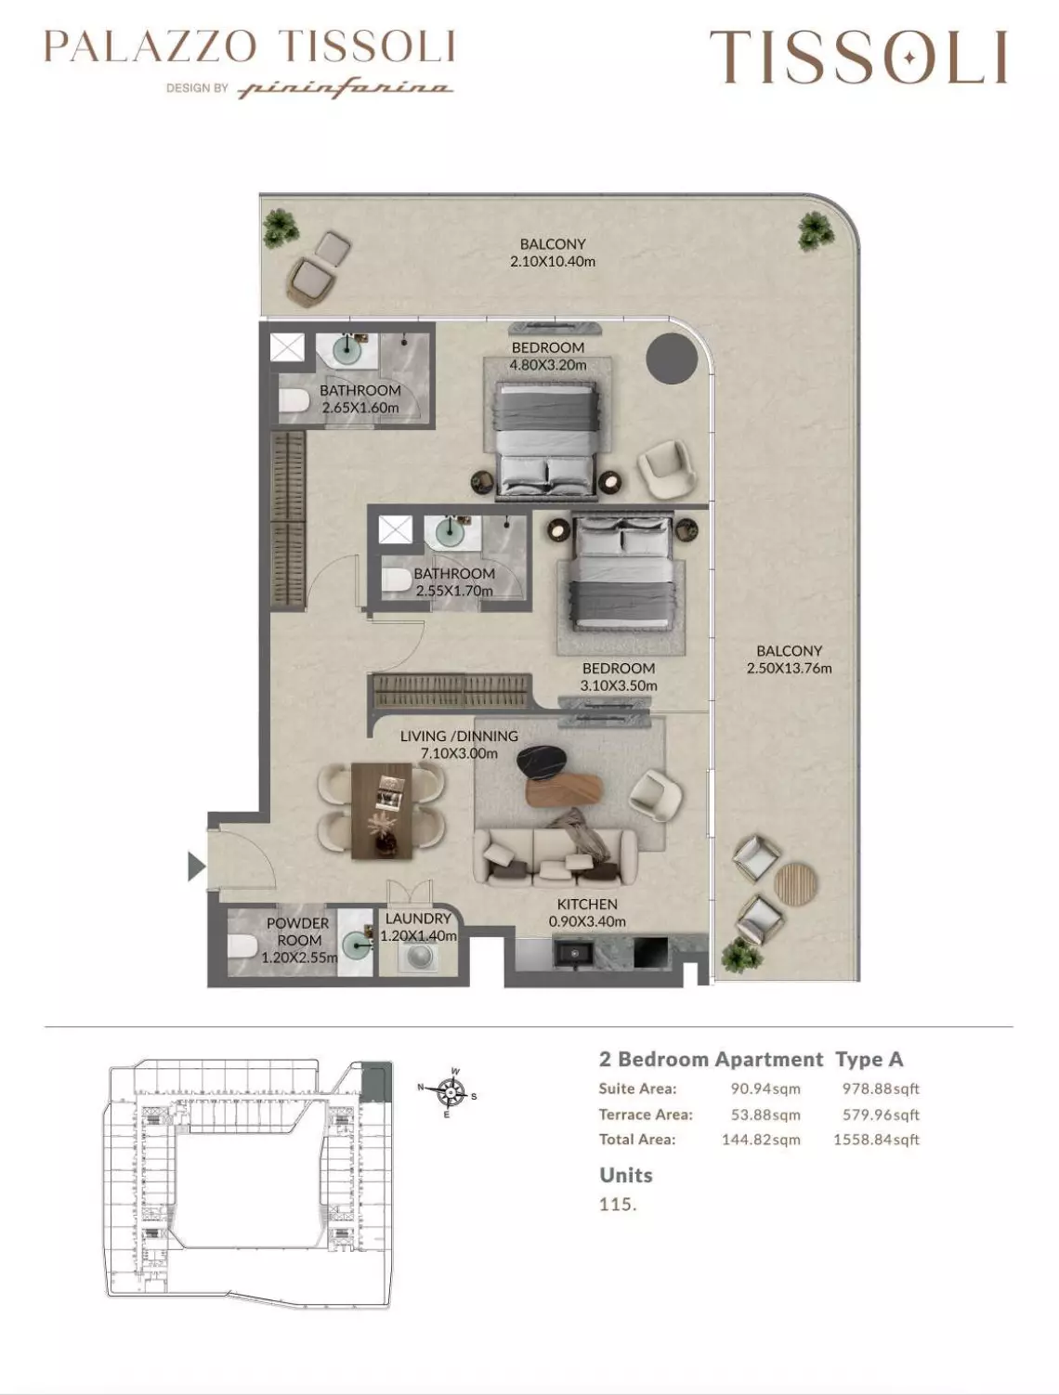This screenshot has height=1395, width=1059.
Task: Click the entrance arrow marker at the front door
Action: coord(195,866)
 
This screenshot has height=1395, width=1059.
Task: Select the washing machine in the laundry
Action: coord(418,957)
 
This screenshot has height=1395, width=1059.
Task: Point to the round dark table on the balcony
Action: coord(671,357)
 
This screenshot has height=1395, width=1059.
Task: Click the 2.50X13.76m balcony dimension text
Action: coord(789,668)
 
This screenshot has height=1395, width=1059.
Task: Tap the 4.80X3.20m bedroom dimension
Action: coord(548,365)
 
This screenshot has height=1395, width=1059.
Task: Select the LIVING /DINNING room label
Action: coord(459,736)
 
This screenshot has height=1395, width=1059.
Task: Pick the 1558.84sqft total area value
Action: coord(876,1140)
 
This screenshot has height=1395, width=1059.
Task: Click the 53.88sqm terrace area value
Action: coord(765,1115)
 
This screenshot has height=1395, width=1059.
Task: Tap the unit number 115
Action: coord(618,1205)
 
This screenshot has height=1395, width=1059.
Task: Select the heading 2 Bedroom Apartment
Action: coord(711,1060)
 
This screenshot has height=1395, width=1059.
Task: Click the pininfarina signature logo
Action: coord(346,88)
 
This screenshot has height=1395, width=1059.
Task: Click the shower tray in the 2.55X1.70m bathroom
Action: coord(396,530)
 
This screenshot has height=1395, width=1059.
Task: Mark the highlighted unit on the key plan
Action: coord(374,1082)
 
